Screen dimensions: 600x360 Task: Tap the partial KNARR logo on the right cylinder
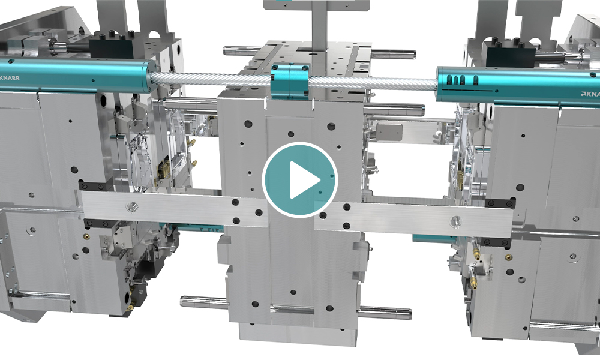click(590, 94)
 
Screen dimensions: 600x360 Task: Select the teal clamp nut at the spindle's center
click(290, 82)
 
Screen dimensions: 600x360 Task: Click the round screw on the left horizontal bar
click(132, 207)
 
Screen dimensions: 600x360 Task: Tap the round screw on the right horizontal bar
click(455, 220)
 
